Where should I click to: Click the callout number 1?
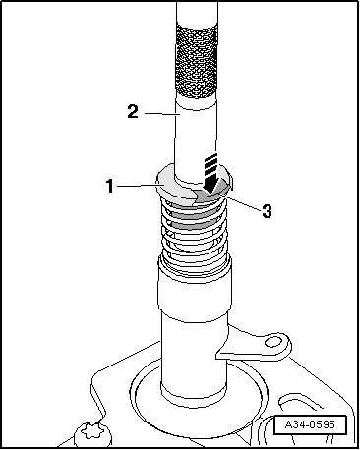click(110, 186)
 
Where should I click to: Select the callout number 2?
click(133, 111)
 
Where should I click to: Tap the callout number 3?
click(267, 211)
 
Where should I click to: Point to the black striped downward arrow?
click(210, 173)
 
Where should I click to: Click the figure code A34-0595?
click(310, 424)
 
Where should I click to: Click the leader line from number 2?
click(162, 114)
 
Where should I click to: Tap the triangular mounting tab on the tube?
click(254, 344)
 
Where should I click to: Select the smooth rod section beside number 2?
click(196, 138)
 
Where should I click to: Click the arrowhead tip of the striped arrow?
click(210, 193)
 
